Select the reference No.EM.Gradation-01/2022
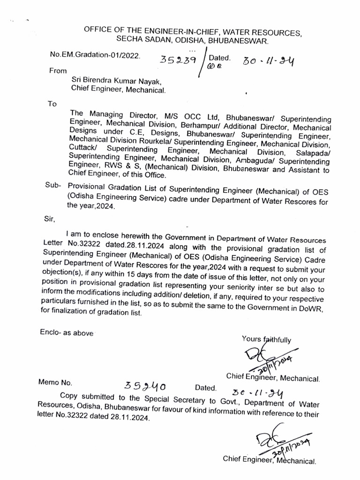(95, 55)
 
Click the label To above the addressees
(52, 104)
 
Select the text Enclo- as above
(67, 332)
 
